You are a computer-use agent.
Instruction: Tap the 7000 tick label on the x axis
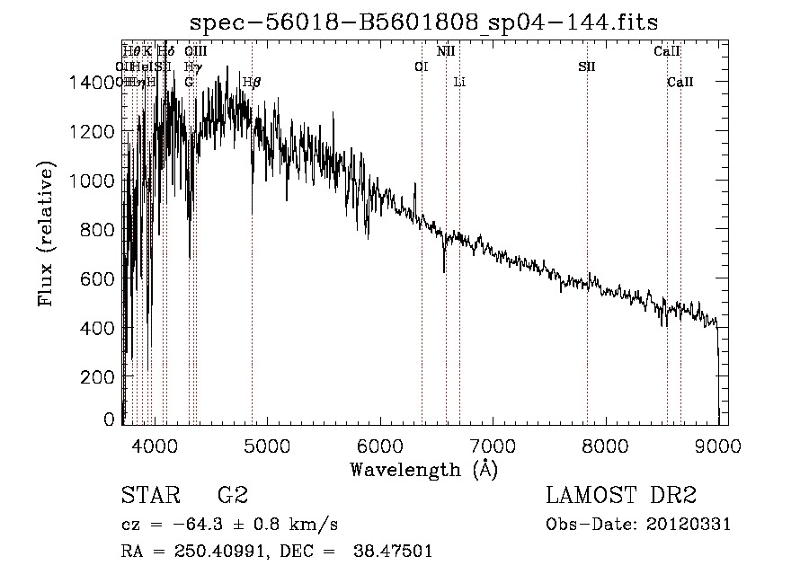tap(492, 443)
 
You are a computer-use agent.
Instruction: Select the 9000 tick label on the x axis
tap(717, 443)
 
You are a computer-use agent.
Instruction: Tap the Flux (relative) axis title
tap(45, 234)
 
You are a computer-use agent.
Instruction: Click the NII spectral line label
tap(446, 51)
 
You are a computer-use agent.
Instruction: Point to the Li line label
tap(459, 83)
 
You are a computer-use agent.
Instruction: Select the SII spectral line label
tap(587, 66)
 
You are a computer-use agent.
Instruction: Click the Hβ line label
tap(252, 83)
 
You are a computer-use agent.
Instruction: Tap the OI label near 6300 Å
tap(421, 66)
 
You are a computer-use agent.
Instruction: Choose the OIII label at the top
tap(195, 51)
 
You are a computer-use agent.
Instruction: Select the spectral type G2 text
tap(232, 496)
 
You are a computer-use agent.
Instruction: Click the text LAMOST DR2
tap(621, 496)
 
